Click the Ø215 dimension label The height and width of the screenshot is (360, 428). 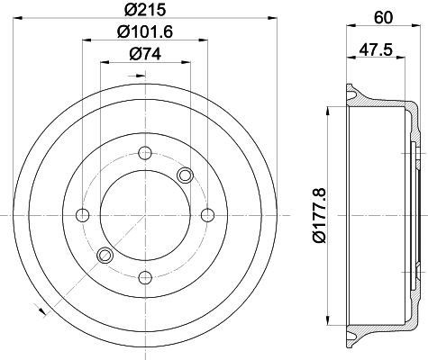coord(145,9)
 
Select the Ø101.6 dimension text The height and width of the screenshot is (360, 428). coord(145,31)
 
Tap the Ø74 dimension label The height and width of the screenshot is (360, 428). coord(145,54)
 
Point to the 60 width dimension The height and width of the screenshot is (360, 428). coord(383,18)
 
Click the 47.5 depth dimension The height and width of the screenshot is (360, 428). coord(376,49)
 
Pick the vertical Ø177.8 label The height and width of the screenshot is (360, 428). coord(319,215)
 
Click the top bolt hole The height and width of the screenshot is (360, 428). coord(145,153)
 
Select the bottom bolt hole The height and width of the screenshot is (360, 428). coord(145,278)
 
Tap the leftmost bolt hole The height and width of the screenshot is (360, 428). coord(83,215)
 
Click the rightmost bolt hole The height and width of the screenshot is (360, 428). coord(207,215)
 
